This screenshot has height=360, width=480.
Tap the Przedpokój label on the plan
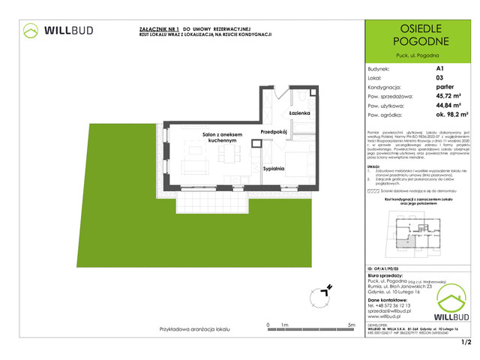coord(274,133)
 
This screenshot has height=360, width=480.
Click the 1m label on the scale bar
coord(285,324)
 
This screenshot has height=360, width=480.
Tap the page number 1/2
coord(466,343)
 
